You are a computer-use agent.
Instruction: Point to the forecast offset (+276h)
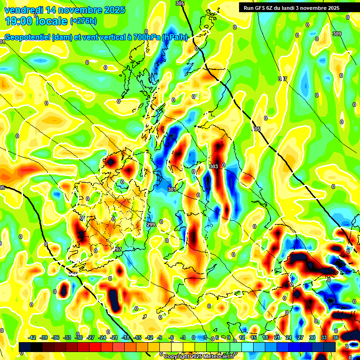(x=84, y=21)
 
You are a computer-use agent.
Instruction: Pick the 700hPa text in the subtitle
(x=145, y=37)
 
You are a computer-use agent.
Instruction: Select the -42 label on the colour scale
(x=32, y=337)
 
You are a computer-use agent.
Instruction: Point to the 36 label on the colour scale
(x=336, y=337)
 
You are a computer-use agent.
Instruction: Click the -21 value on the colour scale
(x=114, y=337)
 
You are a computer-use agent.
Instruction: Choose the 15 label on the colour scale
(x=254, y=337)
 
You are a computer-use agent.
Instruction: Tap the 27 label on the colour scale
(x=300, y=337)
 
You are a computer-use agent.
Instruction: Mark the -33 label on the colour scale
(x=67, y=337)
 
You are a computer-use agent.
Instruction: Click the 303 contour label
(x=214, y=166)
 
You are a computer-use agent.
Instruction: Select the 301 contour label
(x=172, y=189)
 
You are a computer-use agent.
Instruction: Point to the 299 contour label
(x=151, y=225)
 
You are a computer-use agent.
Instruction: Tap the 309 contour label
(x=337, y=34)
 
